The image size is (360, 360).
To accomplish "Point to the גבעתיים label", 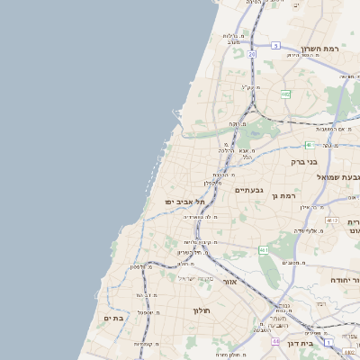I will click(x=248, y=190).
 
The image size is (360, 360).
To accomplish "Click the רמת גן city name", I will click(x=288, y=195).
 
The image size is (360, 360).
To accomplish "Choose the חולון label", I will click(x=200, y=310).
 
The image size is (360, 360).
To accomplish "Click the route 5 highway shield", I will click(x=275, y=45).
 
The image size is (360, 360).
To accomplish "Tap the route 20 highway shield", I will click(x=253, y=55).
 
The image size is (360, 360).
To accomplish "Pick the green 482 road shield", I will click(x=285, y=94).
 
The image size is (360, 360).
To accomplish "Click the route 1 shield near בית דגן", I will click(x=328, y=342).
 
